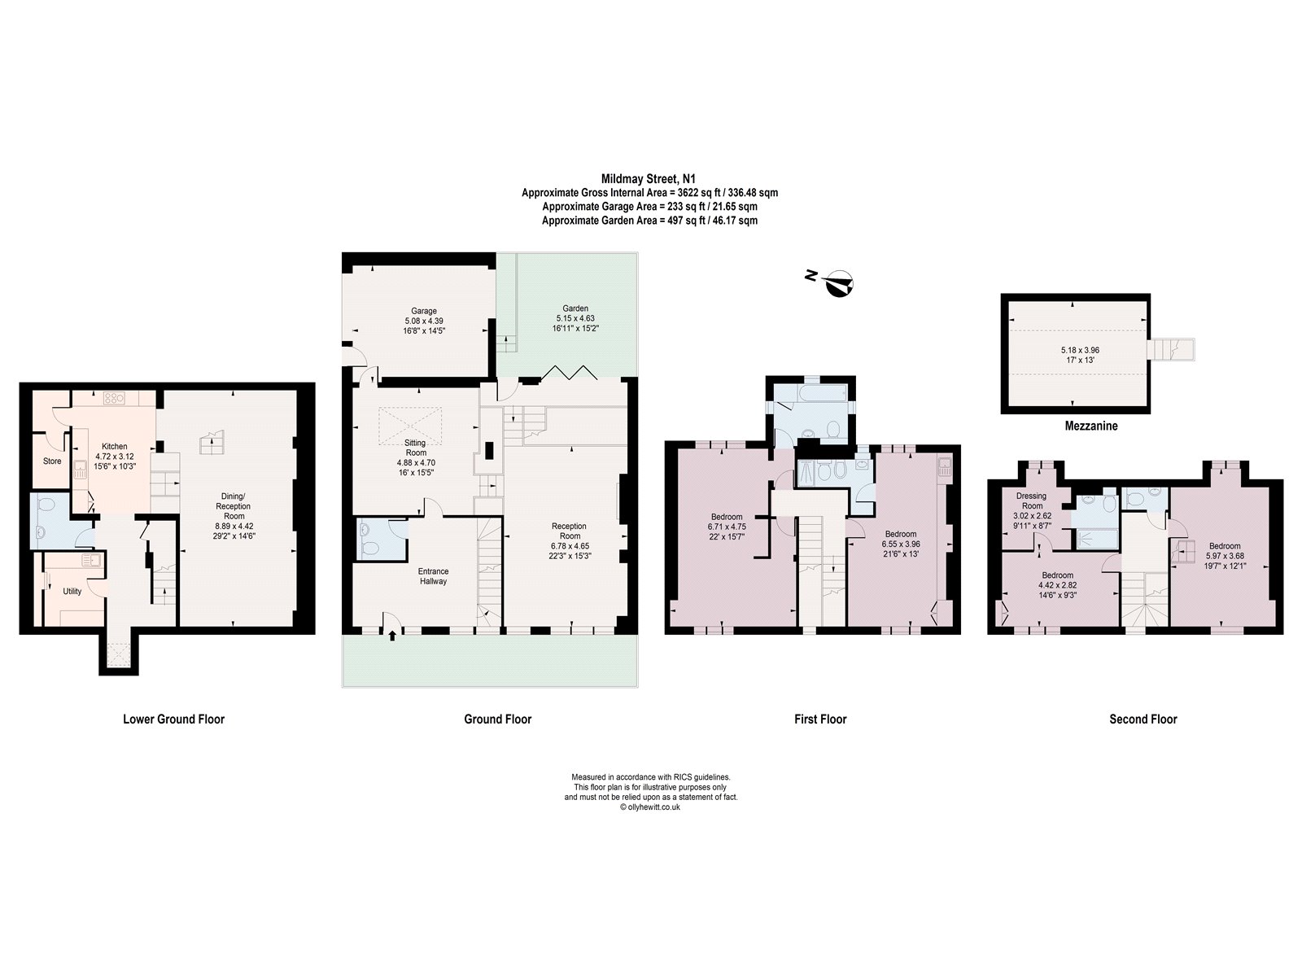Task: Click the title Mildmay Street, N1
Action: pos(649,178)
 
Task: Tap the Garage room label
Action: pos(423,311)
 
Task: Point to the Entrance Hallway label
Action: pos(433,576)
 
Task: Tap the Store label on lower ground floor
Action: pos(52,461)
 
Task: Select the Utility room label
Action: pos(72,592)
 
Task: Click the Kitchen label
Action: pos(114,447)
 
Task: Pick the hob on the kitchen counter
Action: pos(113,398)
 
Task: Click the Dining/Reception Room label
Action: pos(234,505)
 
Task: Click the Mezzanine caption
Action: pos(1090,426)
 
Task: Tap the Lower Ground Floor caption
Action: pos(173,719)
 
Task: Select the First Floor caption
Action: pos(820,719)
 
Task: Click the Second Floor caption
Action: pos(1143,719)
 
